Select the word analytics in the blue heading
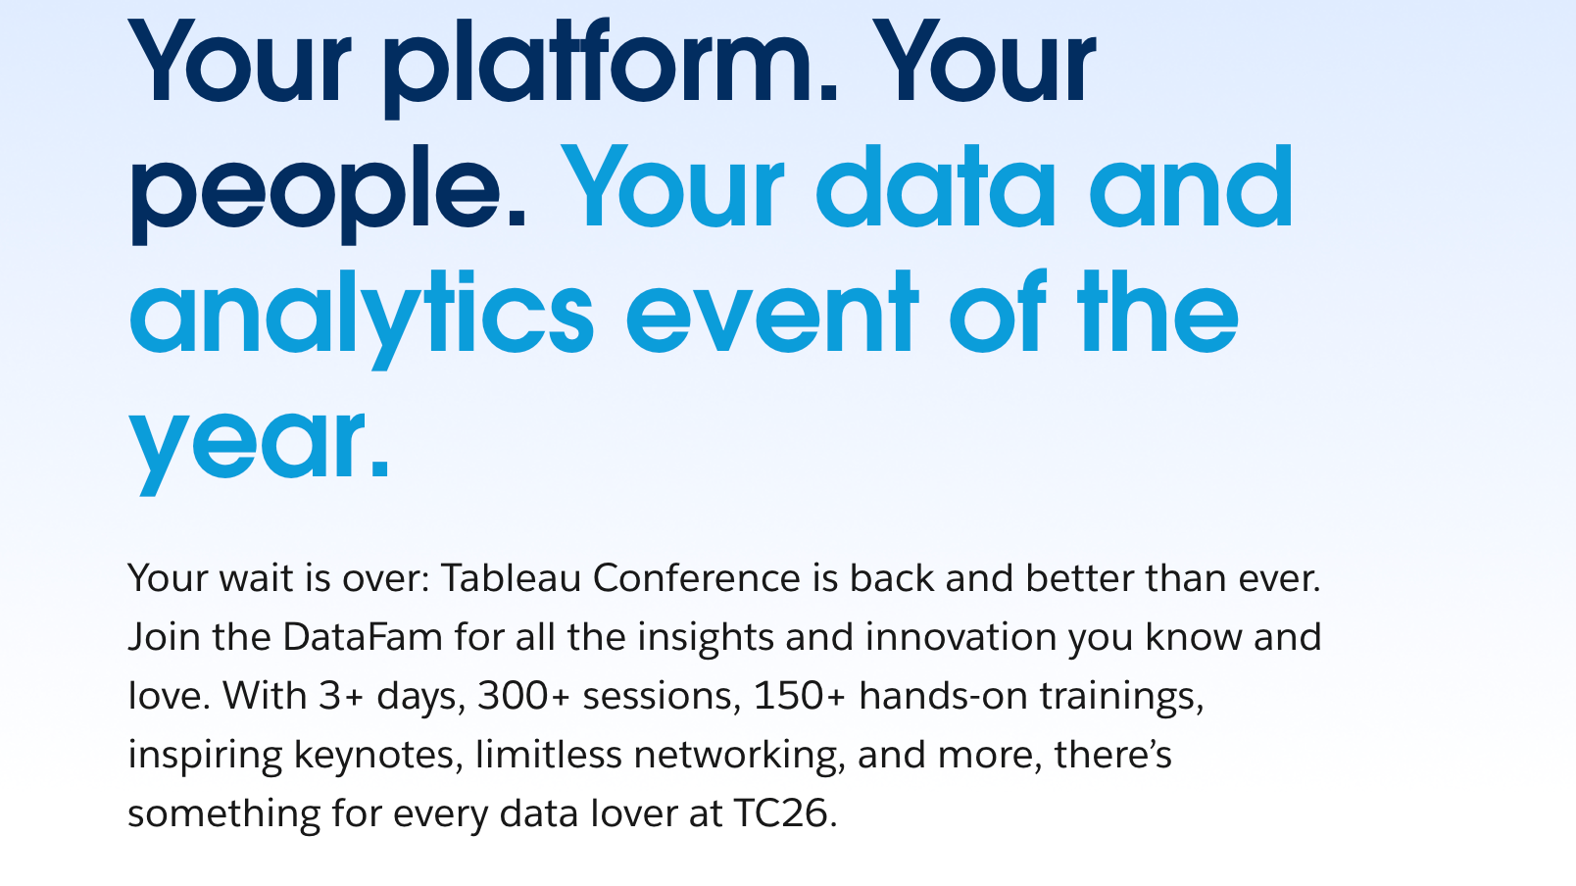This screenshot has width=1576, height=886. pos(361,314)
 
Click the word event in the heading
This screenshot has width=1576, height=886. pos(772,314)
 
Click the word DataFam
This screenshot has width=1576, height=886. pos(363,637)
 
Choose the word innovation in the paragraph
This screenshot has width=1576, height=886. pos(960,637)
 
